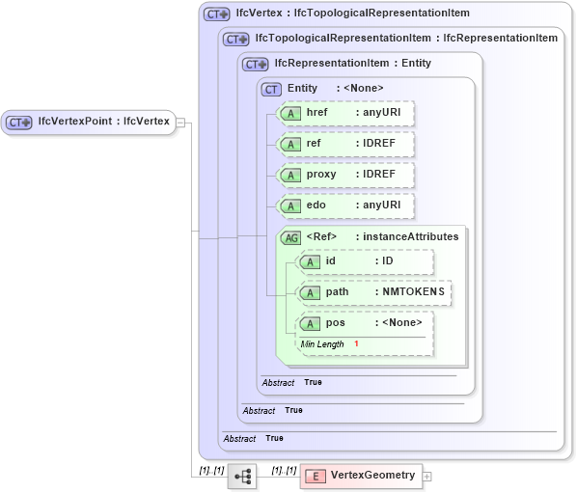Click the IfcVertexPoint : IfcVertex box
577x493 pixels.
tap(89, 122)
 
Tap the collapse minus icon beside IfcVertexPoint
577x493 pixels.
tap(180, 123)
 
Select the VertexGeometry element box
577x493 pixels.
tap(361, 476)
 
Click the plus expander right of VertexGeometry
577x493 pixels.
tap(427, 476)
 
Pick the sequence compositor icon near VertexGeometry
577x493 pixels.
tap(242, 476)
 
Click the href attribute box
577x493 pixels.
tap(344, 113)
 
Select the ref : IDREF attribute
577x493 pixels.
tap(344, 144)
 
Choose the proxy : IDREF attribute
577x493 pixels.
tap(344, 175)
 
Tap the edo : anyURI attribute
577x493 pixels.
tap(344, 205)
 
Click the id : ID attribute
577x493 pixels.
tap(364, 261)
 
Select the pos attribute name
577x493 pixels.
tap(336, 323)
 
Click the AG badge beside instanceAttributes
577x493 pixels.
tap(289, 237)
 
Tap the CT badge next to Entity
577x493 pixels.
tap(272, 89)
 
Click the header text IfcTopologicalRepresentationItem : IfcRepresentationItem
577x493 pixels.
tap(399, 39)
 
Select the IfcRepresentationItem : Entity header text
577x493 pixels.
tap(353, 64)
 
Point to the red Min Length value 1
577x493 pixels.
tap(356, 344)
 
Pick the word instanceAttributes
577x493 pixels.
tap(410, 236)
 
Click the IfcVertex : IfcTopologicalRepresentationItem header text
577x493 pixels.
tap(353, 14)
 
